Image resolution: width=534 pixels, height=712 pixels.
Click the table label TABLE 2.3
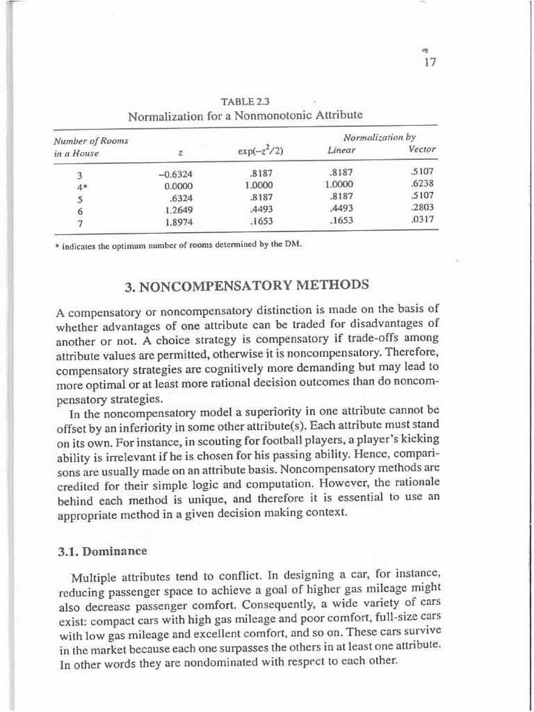click(245, 102)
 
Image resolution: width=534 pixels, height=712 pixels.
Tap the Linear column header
click(341, 150)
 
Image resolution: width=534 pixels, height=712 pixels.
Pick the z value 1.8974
click(179, 222)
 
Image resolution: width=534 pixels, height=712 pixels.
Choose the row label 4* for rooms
click(81, 186)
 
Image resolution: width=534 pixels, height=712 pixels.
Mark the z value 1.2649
click(179, 210)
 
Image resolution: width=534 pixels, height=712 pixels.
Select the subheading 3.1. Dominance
click(102, 551)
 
